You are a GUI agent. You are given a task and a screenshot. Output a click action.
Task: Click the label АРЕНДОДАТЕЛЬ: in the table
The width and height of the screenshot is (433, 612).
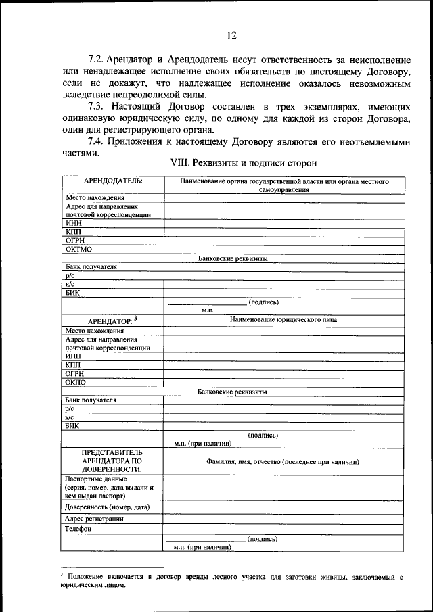coord(113,181)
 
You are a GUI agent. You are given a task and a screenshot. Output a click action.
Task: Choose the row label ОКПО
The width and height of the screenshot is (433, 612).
coord(76,382)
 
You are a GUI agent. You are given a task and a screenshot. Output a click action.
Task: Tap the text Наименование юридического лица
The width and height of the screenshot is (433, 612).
coord(283,319)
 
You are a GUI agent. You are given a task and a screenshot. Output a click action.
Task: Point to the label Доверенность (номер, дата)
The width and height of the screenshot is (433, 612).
coord(108,507)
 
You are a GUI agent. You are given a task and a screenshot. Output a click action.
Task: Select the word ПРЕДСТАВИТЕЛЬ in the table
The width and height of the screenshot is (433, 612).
coord(112,450)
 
